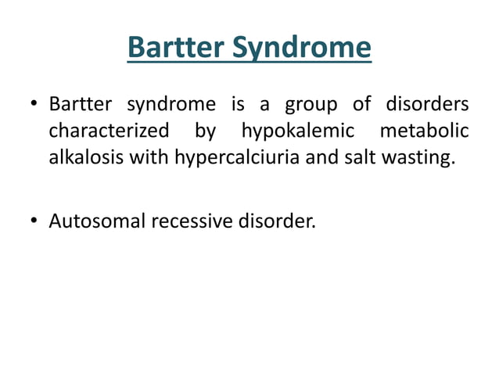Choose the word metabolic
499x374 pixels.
tap(424, 131)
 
